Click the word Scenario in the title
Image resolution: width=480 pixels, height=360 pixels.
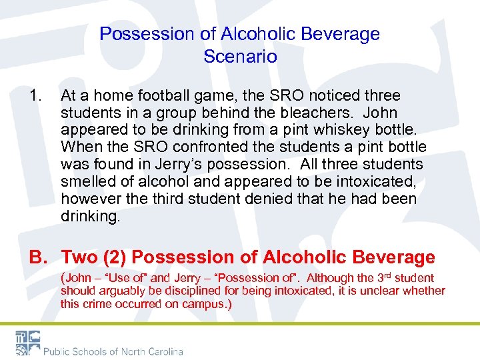point(240,56)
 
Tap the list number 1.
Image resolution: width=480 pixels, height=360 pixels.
point(35,97)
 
